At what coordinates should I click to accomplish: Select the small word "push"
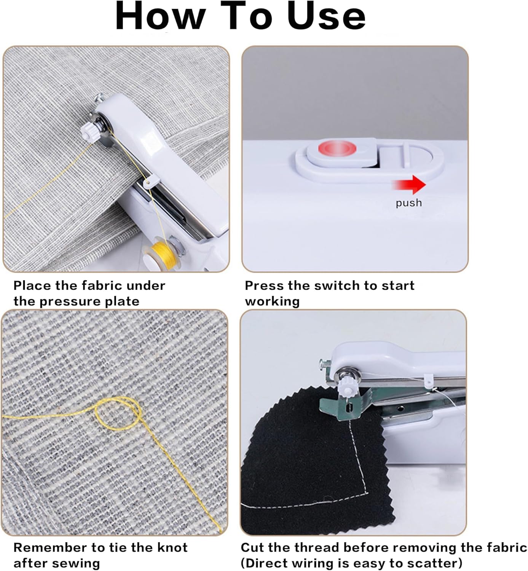(x=409, y=203)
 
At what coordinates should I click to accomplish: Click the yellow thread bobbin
(x=164, y=256)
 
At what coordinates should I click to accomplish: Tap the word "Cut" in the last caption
(x=252, y=547)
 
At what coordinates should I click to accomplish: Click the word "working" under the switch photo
(x=272, y=301)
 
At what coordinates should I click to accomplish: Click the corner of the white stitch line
(x=367, y=493)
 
